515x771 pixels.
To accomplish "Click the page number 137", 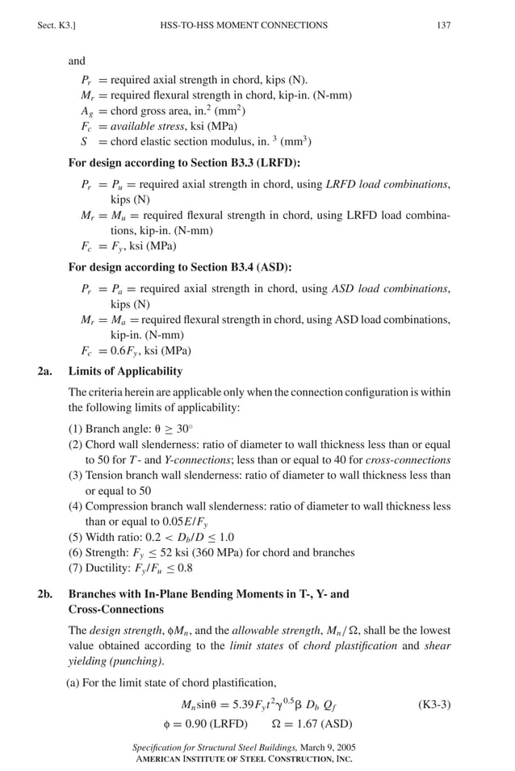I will pyautogui.click(x=443, y=26).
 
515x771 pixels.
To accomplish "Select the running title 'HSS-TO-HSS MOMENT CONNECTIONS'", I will pyautogui.click(x=244, y=26).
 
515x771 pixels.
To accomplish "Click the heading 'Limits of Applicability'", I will pyautogui.click(x=125, y=371).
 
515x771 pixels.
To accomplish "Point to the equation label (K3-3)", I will pyautogui.click(x=433, y=704).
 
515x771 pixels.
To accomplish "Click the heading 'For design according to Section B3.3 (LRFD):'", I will pyautogui.click(x=184, y=162).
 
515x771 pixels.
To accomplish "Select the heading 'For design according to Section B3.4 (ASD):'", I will pyautogui.click(x=180, y=266).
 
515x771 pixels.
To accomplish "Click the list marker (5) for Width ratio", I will pyautogui.click(x=76, y=537).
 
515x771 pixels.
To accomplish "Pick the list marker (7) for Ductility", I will pyautogui.click(x=76, y=568).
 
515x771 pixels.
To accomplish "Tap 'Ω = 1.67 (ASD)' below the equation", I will pyautogui.click(x=312, y=723).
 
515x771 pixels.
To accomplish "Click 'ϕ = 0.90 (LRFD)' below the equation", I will pyautogui.click(x=205, y=723).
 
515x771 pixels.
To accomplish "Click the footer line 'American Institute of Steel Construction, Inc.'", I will pyautogui.click(x=242, y=760).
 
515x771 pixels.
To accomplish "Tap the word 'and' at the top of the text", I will pyautogui.click(x=77, y=61).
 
